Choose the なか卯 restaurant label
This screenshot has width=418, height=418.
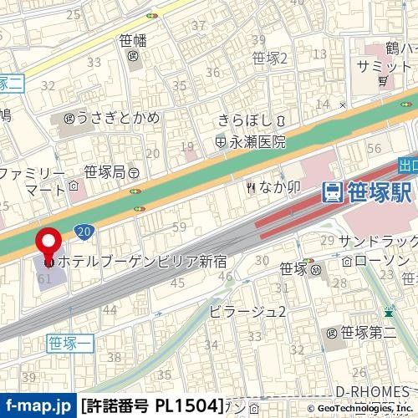coord(273,187)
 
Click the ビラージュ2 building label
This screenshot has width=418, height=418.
coord(247,312)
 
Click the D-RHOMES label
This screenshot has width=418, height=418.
coord(371,391)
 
